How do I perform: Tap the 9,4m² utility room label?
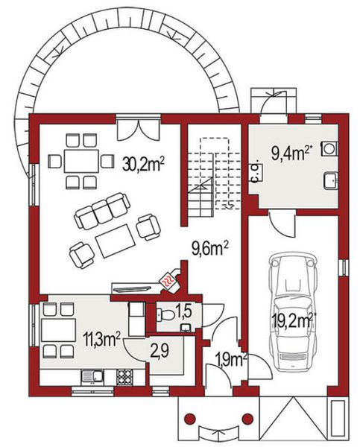[291, 153]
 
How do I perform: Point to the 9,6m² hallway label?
[211, 246]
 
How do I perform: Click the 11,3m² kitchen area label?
[101, 340]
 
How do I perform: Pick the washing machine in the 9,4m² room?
[329, 148]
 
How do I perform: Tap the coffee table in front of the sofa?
[116, 241]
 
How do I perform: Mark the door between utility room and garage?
[282, 221]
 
